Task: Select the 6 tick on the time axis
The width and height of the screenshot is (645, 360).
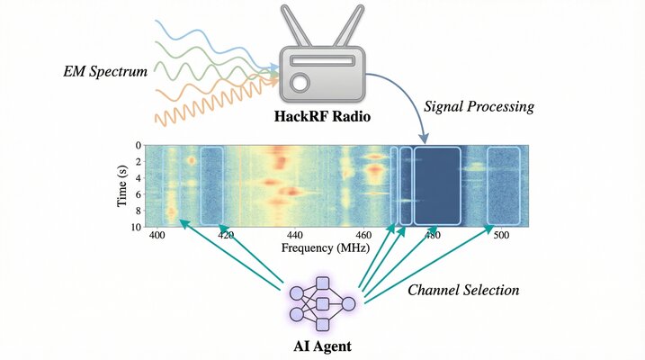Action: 138,193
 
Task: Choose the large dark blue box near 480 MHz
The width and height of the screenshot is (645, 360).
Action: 437,185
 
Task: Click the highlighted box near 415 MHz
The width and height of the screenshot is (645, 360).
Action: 211,185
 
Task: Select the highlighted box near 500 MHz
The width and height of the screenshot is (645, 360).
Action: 504,185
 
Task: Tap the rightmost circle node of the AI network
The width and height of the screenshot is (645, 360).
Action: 347,303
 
